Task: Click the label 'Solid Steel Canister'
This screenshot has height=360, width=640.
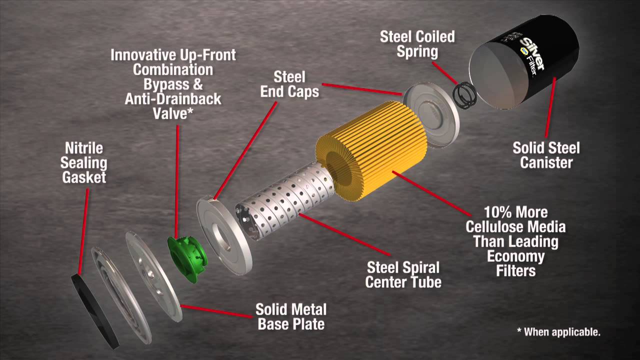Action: (x=546, y=155)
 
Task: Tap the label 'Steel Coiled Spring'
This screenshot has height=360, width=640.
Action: (x=417, y=43)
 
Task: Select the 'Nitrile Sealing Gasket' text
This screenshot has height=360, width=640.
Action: (x=84, y=162)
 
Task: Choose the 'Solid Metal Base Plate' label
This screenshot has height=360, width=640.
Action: (x=290, y=316)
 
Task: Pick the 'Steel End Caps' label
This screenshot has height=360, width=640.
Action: (x=289, y=84)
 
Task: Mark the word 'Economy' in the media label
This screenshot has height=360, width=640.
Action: (x=515, y=257)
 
